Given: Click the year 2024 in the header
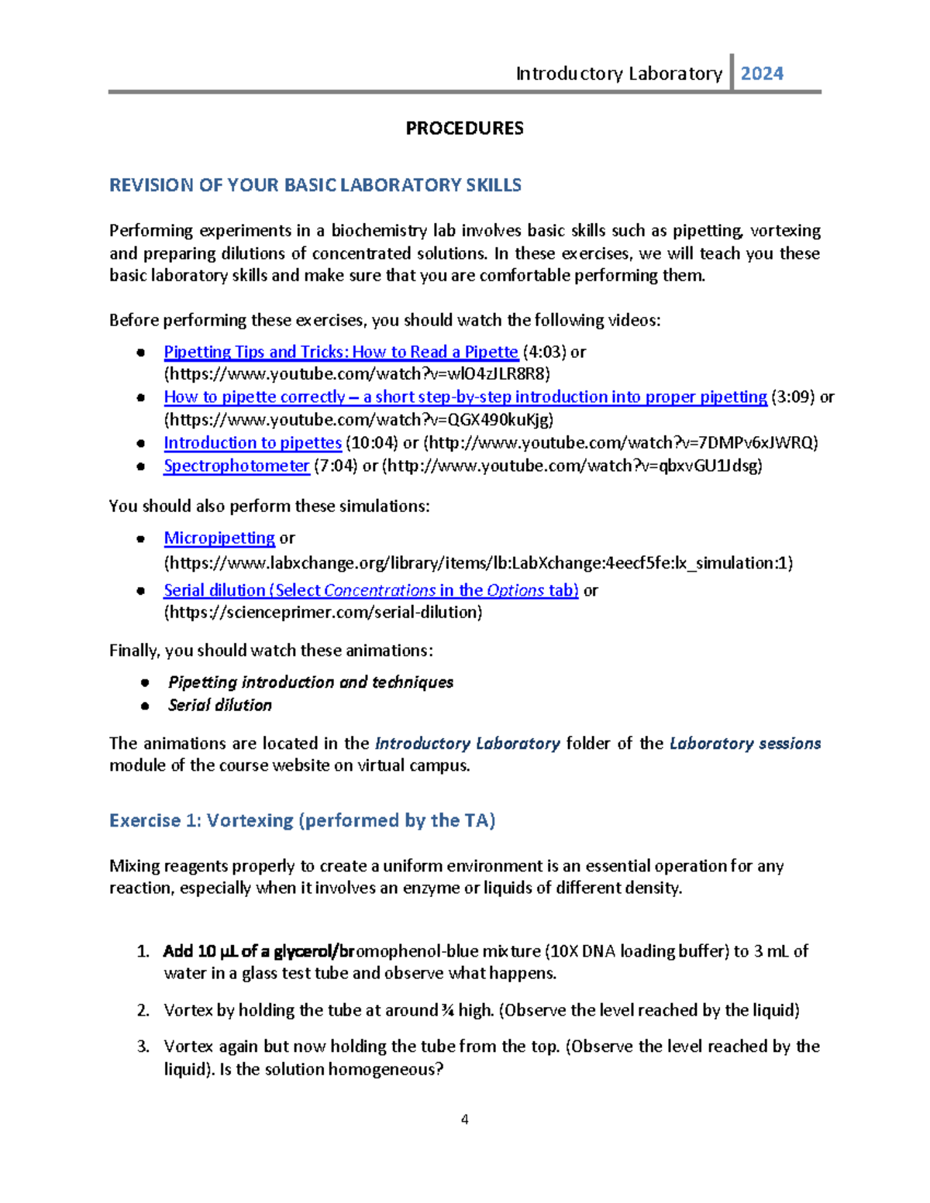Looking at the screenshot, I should (x=762, y=74).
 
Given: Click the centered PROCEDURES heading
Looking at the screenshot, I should (x=464, y=128).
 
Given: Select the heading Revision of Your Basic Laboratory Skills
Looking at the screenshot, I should (x=315, y=185).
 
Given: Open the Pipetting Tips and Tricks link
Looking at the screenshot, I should (x=340, y=352).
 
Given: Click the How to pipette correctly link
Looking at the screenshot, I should (x=465, y=397).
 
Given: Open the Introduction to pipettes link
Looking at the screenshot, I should (x=252, y=442).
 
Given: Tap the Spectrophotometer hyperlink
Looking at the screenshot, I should (x=236, y=466).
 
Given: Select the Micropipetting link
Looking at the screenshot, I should (x=219, y=538).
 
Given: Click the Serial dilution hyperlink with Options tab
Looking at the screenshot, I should (x=370, y=590).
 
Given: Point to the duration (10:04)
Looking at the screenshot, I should (x=372, y=442).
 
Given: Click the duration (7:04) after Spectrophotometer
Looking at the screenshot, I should (x=335, y=466).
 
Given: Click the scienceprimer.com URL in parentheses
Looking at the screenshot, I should (x=323, y=612).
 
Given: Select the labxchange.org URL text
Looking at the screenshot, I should (x=478, y=562).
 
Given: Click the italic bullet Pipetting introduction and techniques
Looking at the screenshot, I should (x=310, y=682).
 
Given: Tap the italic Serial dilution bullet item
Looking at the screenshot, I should (x=220, y=705).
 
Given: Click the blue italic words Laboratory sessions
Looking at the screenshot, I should (x=745, y=744).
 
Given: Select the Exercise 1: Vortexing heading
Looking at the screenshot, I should (x=302, y=820).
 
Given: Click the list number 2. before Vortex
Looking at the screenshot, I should (x=143, y=1010).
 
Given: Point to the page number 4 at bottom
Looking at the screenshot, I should (x=464, y=1119).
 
